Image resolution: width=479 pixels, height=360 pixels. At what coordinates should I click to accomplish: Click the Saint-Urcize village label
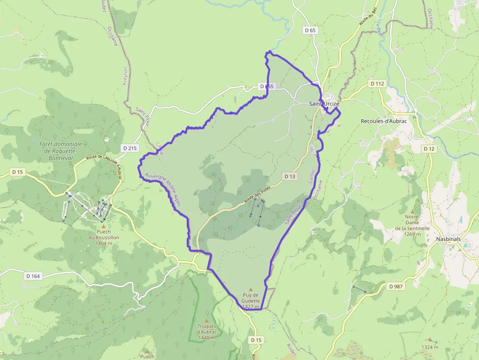[x=324, y=104]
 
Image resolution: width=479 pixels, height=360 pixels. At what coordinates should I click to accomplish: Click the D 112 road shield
[x=378, y=84]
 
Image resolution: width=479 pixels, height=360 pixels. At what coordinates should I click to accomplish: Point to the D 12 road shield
[x=429, y=148]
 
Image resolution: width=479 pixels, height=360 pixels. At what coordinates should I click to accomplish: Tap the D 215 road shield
[x=130, y=147]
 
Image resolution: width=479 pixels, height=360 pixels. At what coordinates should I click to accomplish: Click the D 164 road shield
[x=33, y=276]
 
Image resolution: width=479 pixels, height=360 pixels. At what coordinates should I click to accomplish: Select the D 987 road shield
[x=396, y=286]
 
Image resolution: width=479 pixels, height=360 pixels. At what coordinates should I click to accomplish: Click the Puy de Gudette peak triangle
[x=251, y=289]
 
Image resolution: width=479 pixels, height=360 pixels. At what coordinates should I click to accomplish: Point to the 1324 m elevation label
[x=430, y=347]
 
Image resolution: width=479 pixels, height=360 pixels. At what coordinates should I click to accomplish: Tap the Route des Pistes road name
[x=257, y=196]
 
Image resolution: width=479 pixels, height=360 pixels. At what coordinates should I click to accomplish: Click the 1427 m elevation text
[x=251, y=307]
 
